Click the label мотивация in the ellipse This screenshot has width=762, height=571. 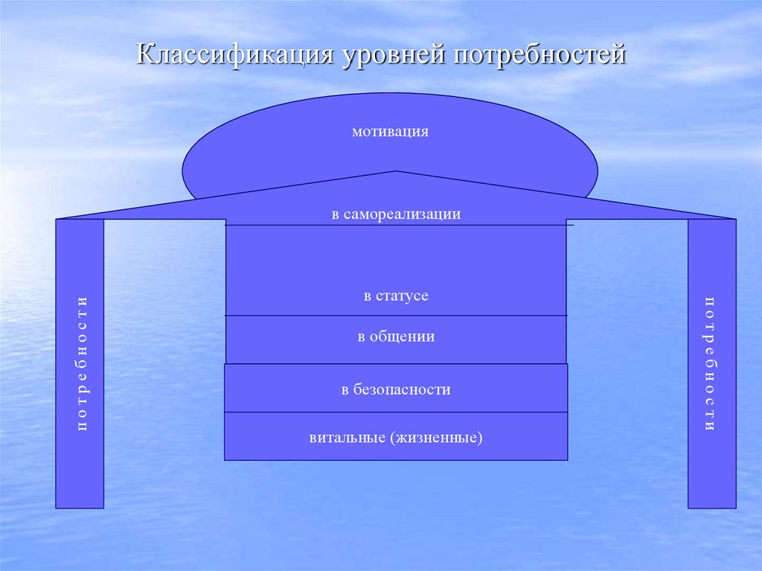click(x=391, y=133)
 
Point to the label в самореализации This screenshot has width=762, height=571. click(x=397, y=214)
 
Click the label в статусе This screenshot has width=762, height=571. click(x=396, y=296)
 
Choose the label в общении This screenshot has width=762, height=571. click(x=396, y=337)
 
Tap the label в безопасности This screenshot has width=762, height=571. click(x=396, y=389)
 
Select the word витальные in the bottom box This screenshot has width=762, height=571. click(x=346, y=437)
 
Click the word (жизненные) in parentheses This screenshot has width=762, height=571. click(x=435, y=437)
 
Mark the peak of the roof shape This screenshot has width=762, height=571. click(x=397, y=173)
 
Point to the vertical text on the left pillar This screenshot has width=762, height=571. click(x=82, y=363)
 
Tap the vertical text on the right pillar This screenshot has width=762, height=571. click(x=710, y=363)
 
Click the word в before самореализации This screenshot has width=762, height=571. click(x=336, y=214)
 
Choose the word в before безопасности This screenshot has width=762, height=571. click(x=345, y=389)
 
